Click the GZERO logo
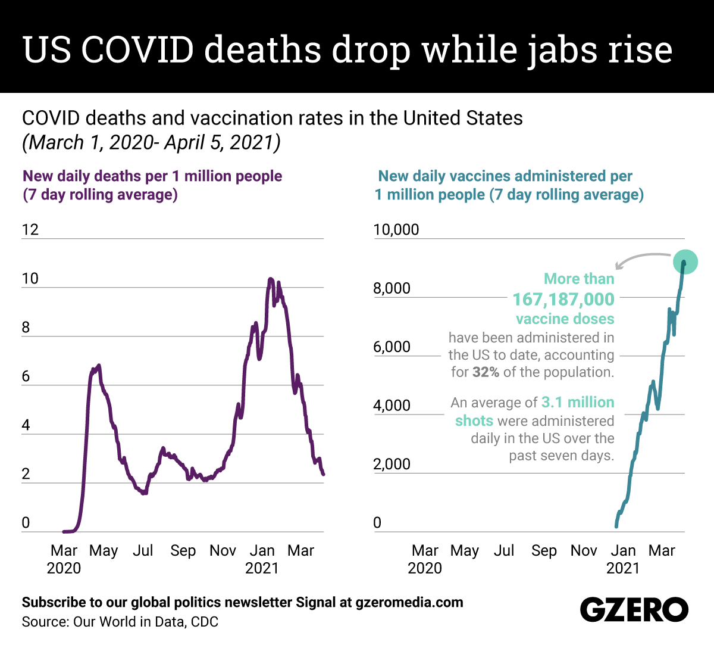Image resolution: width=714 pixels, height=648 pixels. (634, 610)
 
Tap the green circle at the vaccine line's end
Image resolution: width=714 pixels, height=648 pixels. (685, 261)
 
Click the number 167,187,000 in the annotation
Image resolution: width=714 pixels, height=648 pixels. (563, 299)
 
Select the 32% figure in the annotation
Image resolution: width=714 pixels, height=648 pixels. (486, 372)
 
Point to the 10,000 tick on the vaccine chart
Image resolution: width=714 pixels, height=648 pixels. (396, 230)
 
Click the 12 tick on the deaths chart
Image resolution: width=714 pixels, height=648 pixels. (30, 230)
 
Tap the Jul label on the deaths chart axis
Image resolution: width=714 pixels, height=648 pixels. (143, 550)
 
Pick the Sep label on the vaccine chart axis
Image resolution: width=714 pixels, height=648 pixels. (544, 550)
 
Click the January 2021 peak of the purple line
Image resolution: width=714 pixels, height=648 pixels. (271, 279)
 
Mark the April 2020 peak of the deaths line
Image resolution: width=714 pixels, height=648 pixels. (98, 365)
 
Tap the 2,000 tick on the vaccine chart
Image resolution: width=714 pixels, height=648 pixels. (392, 464)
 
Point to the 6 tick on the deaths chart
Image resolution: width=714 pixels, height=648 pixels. (26, 376)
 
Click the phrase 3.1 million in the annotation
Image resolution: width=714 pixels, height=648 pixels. (577, 403)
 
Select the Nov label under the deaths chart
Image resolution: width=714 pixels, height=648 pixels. (223, 550)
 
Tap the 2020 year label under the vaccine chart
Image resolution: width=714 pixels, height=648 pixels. (425, 568)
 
